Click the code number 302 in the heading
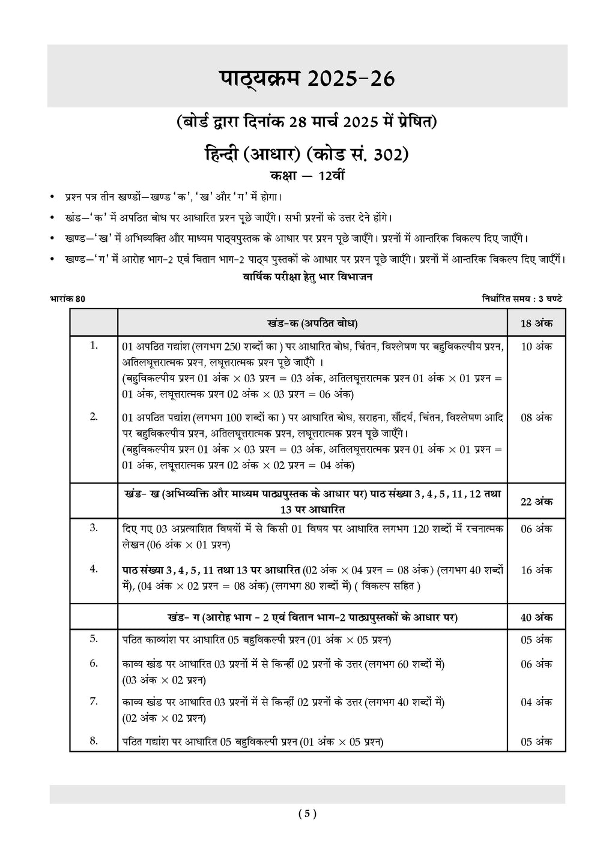tap(390, 155)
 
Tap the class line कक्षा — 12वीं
tap(307, 176)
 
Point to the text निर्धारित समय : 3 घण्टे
tap(522, 299)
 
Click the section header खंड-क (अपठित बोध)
tap(312, 323)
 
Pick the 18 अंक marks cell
tap(536, 323)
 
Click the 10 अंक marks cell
tap(536, 346)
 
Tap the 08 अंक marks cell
tap(536, 418)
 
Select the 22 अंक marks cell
tap(536, 502)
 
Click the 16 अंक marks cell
tap(536, 570)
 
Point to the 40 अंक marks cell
tap(536, 617)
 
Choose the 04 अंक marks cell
tap(536, 702)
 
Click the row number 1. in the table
tap(94, 345)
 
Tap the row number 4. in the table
tap(94, 569)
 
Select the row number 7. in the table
tap(94, 701)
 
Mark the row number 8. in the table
tap(94, 740)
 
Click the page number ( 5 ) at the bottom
tap(307, 814)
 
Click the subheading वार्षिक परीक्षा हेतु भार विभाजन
tap(307, 277)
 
